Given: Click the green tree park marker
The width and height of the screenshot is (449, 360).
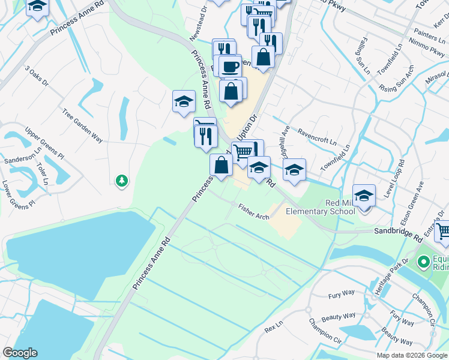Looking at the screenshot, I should tap(122, 180).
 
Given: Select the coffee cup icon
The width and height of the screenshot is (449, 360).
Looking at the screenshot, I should tap(229, 66).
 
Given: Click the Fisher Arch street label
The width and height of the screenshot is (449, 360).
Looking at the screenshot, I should tap(253, 211).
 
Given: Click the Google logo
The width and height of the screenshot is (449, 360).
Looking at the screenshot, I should tap(20, 353).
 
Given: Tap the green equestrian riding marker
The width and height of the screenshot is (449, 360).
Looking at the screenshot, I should tap(423, 262).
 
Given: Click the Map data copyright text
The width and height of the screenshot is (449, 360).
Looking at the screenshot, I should tap(411, 355).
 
